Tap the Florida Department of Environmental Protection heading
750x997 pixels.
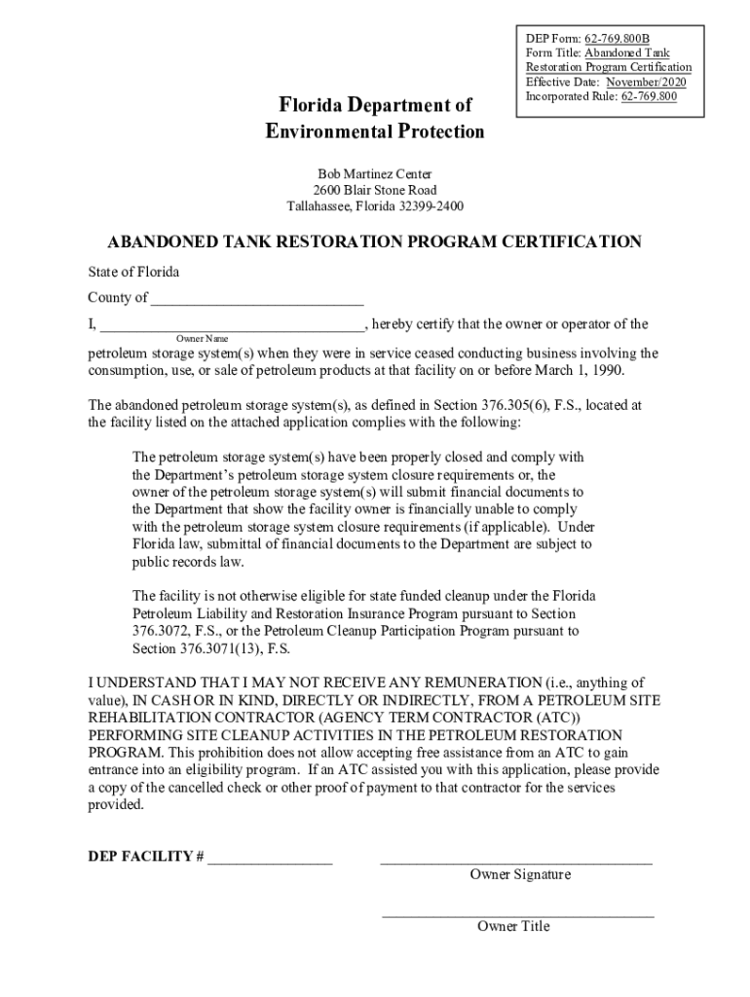pos(375,118)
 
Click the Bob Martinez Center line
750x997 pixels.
pos(375,173)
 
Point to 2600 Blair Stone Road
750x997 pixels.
pos(375,190)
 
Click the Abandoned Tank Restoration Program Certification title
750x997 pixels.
pos(374,241)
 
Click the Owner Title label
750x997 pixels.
pos(513,926)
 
